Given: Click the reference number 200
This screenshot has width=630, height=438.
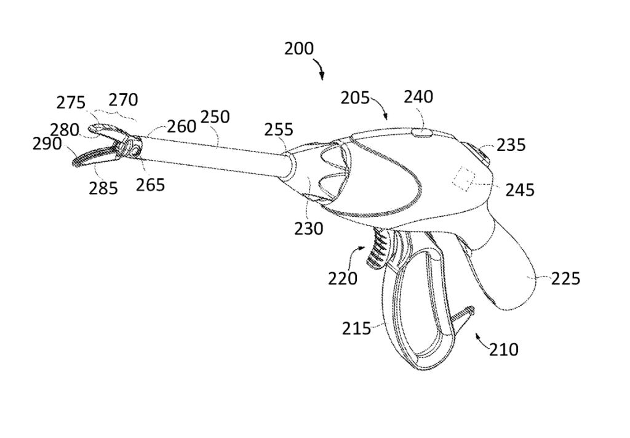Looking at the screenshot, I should click(298, 48).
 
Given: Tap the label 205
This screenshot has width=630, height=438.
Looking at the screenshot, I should click(356, 98).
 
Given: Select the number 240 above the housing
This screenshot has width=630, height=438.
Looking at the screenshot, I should click(418, 97).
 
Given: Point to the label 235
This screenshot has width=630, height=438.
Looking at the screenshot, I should click(511, 144).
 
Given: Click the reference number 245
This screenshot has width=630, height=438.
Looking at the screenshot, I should click(520, 190).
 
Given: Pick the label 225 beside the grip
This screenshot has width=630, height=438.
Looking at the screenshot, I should click(565, 278).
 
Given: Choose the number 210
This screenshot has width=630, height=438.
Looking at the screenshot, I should click(504, 350).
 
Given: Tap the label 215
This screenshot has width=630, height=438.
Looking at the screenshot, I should click(357, 328).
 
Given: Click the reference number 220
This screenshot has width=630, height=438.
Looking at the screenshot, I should click(343, 278).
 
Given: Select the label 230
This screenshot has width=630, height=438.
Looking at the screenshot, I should click(308, 229).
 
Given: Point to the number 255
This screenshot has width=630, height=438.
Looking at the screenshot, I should click(279, 130).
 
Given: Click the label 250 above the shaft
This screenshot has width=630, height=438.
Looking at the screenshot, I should click(215, 117).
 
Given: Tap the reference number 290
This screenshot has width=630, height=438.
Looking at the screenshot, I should click(47, 144).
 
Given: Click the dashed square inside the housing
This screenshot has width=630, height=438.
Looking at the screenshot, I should click(465, 179).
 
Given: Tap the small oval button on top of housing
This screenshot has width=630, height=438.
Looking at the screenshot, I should click(421, 131).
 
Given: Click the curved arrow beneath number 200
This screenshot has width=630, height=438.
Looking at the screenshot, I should click(321, 68).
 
